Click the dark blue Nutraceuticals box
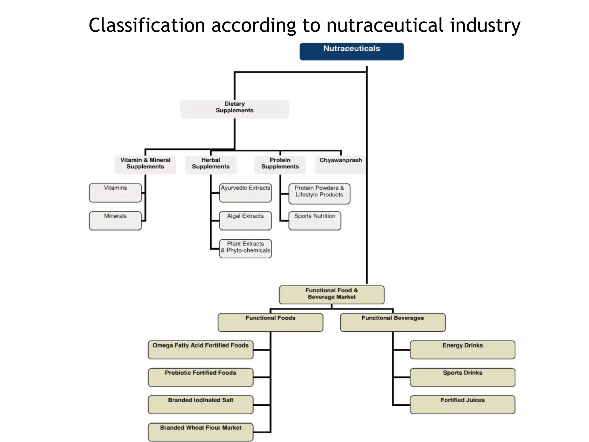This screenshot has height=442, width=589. [x=351, y=51]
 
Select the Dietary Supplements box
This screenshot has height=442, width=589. [x=234, y=108]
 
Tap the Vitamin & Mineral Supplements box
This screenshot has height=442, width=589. [x=145, y=164]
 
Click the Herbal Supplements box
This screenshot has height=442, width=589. [x=211, y=164]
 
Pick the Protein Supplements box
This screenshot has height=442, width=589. [x=280, y=164]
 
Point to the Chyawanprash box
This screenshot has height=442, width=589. [x=341, y=164]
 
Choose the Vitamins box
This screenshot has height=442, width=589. [x=115, y=193]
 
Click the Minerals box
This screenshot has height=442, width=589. [x=115, y=220]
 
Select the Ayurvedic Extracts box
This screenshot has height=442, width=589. [x=245, y=193]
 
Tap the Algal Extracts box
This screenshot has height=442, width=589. [x=245, y=220]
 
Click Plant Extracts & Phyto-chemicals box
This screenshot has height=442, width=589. [x=245, y=248]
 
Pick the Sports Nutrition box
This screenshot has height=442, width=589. [x=315, y=220]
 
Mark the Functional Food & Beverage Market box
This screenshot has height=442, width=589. [x=331, y=294]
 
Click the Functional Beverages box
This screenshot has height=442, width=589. [x=393, y=322]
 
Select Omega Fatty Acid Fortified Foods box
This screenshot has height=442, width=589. [x=200, y=349]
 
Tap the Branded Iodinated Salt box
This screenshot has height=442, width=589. [x=200, y=404]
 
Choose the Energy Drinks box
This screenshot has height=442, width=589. [x=462, y=349]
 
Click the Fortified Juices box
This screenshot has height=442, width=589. [x=462, y=404]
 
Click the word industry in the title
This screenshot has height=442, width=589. [x=485, y=25]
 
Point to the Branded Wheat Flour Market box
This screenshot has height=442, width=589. [x=200, y=432]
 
